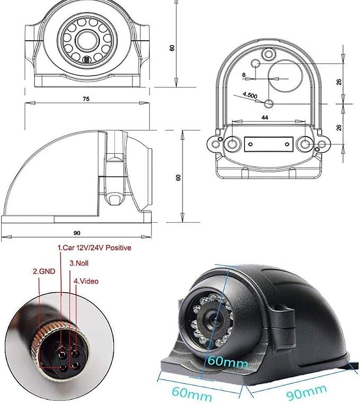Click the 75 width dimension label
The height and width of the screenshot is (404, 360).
[86, 99]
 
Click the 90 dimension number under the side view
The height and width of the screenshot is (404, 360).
[77, 233]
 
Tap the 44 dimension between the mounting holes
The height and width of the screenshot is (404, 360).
[265, 118]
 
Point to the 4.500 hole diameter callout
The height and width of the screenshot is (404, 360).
[250, 95]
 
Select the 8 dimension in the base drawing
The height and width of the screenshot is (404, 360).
[244, 75]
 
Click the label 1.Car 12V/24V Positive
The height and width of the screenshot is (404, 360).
[94, 248]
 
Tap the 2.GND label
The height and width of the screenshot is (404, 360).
[44, 271]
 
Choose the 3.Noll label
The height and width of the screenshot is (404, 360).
[79, 263]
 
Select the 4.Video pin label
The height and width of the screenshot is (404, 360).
[86, 281]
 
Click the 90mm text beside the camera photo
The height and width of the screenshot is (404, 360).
[306, 393]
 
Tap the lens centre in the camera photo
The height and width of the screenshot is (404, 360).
[213, 319]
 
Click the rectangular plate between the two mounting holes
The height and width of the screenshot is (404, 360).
[268, 144]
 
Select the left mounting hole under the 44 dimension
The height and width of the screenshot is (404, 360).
[232, 144]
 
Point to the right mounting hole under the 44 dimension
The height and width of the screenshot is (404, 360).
[305, 144]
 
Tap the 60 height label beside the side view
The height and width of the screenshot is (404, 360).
[178, 177]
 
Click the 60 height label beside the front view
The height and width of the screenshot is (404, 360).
[172, 48]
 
